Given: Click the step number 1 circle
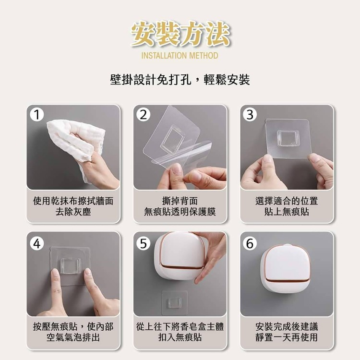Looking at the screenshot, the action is [x=37, y=115].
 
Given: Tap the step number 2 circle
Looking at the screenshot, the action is [x=144, y=115].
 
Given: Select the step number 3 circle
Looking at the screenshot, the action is [x=250, y=115].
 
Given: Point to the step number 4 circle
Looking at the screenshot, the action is [x=37, y=243].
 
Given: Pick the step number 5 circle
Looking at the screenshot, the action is [x=144, y=243].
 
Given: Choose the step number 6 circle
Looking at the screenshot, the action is [x=250, y=243].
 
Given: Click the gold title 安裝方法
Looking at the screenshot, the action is [x=180, y=34].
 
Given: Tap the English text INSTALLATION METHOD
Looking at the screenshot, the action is [x=180, y=56].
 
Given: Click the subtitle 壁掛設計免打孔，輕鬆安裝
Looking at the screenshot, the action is [x=180, y=80].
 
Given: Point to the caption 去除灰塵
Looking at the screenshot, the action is [x=73, y=212].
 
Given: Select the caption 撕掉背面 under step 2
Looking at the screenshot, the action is [x=180, y=201].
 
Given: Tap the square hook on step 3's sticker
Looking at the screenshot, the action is [x=288, y=138].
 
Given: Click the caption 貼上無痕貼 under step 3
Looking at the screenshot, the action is [x=287, y=212].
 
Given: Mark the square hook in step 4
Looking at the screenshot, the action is [x=71, y=266].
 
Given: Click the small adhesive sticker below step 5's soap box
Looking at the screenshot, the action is [x=175, y=303].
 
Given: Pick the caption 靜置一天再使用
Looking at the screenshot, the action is [x=287, y=337].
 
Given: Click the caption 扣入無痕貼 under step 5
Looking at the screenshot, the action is [x=180, y=337].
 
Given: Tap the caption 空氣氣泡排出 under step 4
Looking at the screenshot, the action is [x=73, y=337].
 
